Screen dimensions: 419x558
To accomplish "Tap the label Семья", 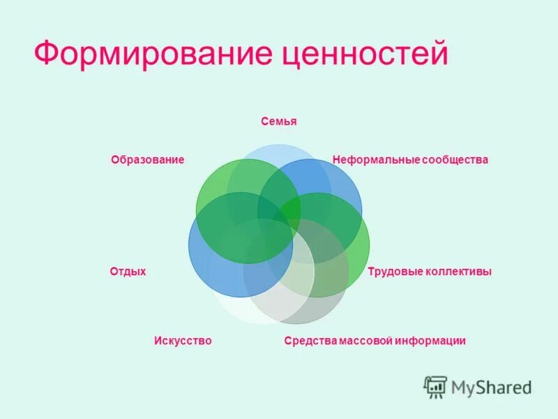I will (279, 122).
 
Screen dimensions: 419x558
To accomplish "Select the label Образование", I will (147, 160).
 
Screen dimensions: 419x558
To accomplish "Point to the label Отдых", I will (128, 271).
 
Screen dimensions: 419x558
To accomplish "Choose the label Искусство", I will (182, 341).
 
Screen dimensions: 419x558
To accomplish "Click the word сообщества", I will (453, 160).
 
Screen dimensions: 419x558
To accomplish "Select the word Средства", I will (312, 341).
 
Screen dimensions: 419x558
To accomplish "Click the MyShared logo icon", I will (435, 387).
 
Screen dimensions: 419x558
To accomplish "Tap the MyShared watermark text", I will (491, 387).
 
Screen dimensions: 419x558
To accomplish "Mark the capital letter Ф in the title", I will (47, 54).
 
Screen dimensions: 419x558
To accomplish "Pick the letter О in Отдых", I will (113, 271).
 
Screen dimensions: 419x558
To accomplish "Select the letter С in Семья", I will (265, 122).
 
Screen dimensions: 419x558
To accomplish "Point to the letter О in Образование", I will (114, 160).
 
